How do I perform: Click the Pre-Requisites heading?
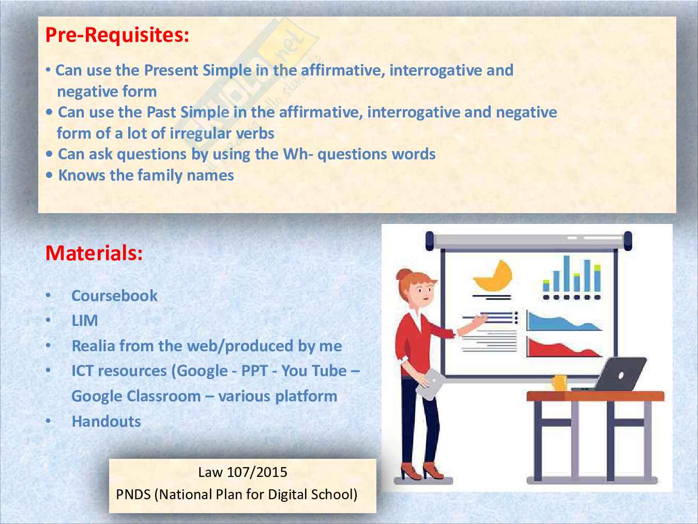[x=117, y=35]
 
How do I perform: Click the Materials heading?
[x=94, y=253]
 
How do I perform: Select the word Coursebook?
[x=114, y=295]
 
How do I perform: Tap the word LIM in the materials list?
[x=85, y=320]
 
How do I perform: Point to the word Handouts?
[x=106, y=421]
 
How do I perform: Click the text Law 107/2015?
[x=242, y=472]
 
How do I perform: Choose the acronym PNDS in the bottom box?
[x=133, y=495]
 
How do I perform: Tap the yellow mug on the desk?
[x=559, y=383]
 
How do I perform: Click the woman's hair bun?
[x=403, y=274]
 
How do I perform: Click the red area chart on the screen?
[x=563, y=348]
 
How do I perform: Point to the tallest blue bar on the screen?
[x=566, y=274]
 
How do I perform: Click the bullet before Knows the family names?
[x=49, y=175]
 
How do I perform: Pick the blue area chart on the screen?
[x=563, y=321]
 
